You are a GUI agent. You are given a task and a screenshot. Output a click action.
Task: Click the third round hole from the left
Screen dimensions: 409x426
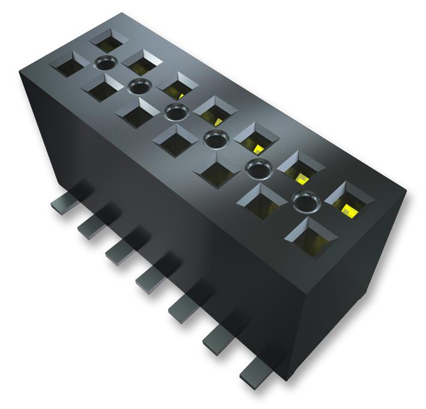(175, 112)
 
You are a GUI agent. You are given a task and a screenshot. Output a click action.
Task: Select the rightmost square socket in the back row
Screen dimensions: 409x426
(347, 198)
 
